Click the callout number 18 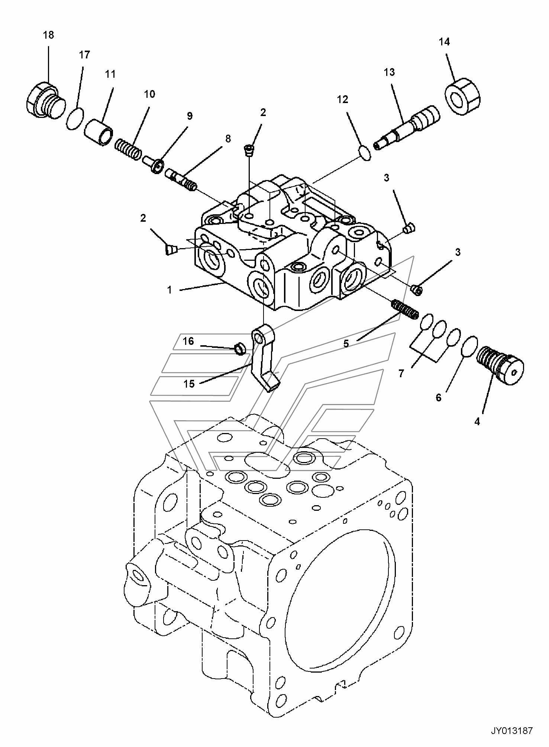48,35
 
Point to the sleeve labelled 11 99,131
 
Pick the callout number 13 389,72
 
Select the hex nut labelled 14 462,95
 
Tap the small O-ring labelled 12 365,153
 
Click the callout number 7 401,373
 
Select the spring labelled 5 406,307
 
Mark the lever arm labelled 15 265,357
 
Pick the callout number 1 169,290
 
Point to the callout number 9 190,116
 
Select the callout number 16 188,341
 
